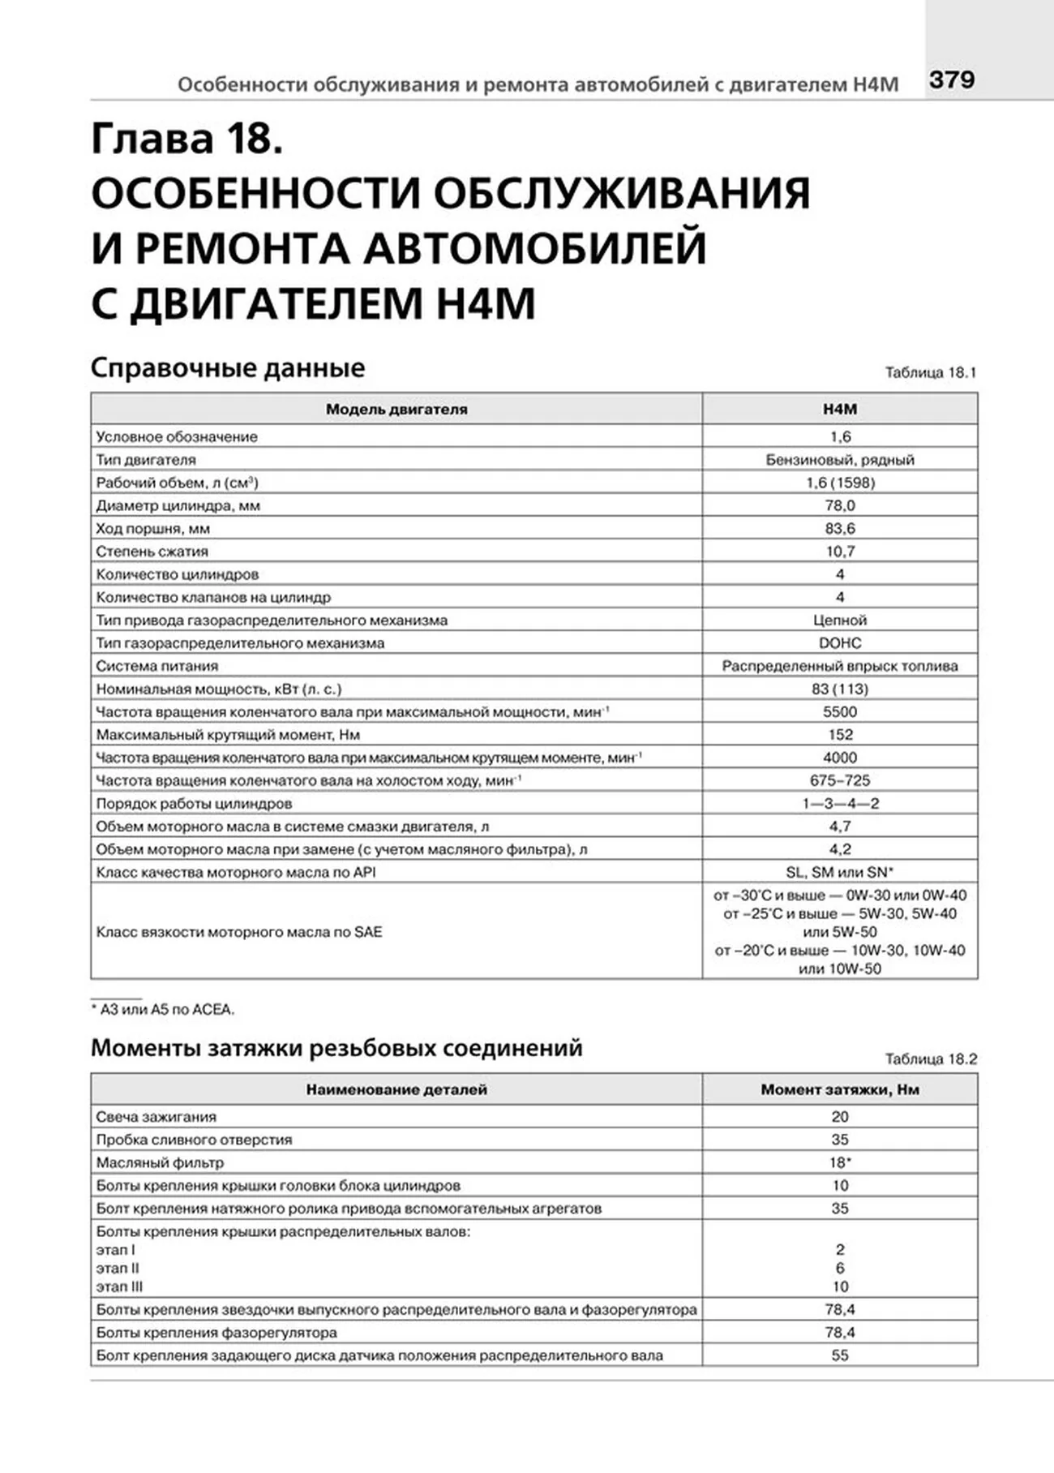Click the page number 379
pos(951,79)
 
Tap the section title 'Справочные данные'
pos(228,367)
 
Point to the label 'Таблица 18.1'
pos(930,372)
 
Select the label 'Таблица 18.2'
pos(930,1059)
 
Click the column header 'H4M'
pos(839,409)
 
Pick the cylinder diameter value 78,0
pos(839,505)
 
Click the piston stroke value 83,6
pos(839,528)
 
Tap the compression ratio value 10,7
pos(839,552)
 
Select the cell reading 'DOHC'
pos(839,643)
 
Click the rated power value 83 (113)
pos(839,689)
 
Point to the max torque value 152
pos(839,735)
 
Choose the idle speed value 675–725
pos(839,780)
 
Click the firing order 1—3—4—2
pos(839,804)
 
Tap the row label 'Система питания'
pos(157,666)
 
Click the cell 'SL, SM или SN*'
pos(839,872)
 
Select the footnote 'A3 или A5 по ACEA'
pos(165,1010)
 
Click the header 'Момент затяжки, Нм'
pos(839,1089)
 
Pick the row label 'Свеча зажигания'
pos(156,1117)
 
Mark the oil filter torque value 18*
pos(839,1162)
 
